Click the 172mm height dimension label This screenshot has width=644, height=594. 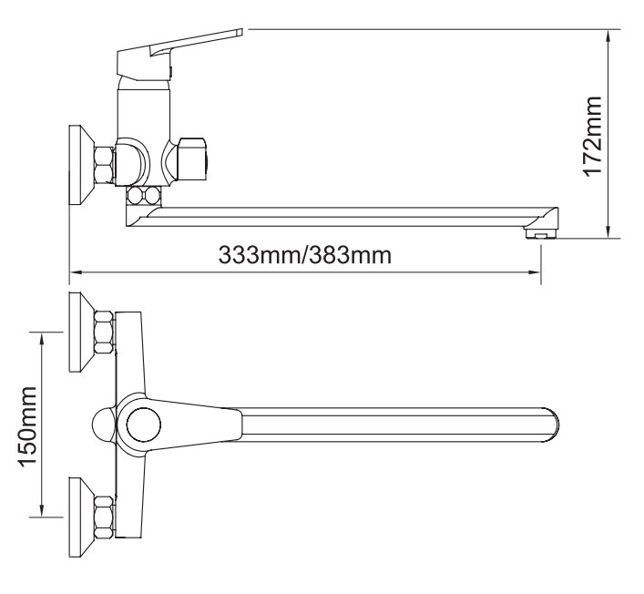tap(592, 137)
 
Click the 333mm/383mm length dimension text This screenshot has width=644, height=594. tap(304, 255)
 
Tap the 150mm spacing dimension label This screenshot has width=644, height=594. tap(27, 426)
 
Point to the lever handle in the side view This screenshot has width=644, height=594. tap(180, 52)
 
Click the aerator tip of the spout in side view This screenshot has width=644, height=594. tap(541, 233)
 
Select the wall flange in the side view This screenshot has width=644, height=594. tap(81, 165)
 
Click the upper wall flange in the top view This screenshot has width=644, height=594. tap(81, 332)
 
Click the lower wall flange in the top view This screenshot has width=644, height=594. tap(81, 517)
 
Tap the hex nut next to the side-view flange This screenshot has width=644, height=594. tap(105, 165)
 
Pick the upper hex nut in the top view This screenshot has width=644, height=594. tap(105, 333)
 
